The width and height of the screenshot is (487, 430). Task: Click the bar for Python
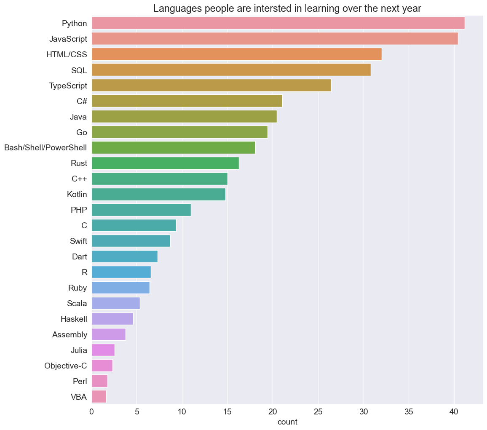278,23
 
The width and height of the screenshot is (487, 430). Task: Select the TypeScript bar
211,85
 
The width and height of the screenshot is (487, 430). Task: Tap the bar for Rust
165,163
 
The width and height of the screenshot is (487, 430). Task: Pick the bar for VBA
99,397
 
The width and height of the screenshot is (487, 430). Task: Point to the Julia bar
103,350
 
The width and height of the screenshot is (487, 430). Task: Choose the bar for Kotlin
158,194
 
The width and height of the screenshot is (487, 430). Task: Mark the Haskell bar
112,319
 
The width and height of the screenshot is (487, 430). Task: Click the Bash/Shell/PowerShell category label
45,148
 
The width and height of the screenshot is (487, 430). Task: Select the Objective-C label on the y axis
66,366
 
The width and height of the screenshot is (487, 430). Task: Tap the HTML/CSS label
67,54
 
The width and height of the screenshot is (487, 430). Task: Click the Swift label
78,241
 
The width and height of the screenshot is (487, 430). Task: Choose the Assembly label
70,335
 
